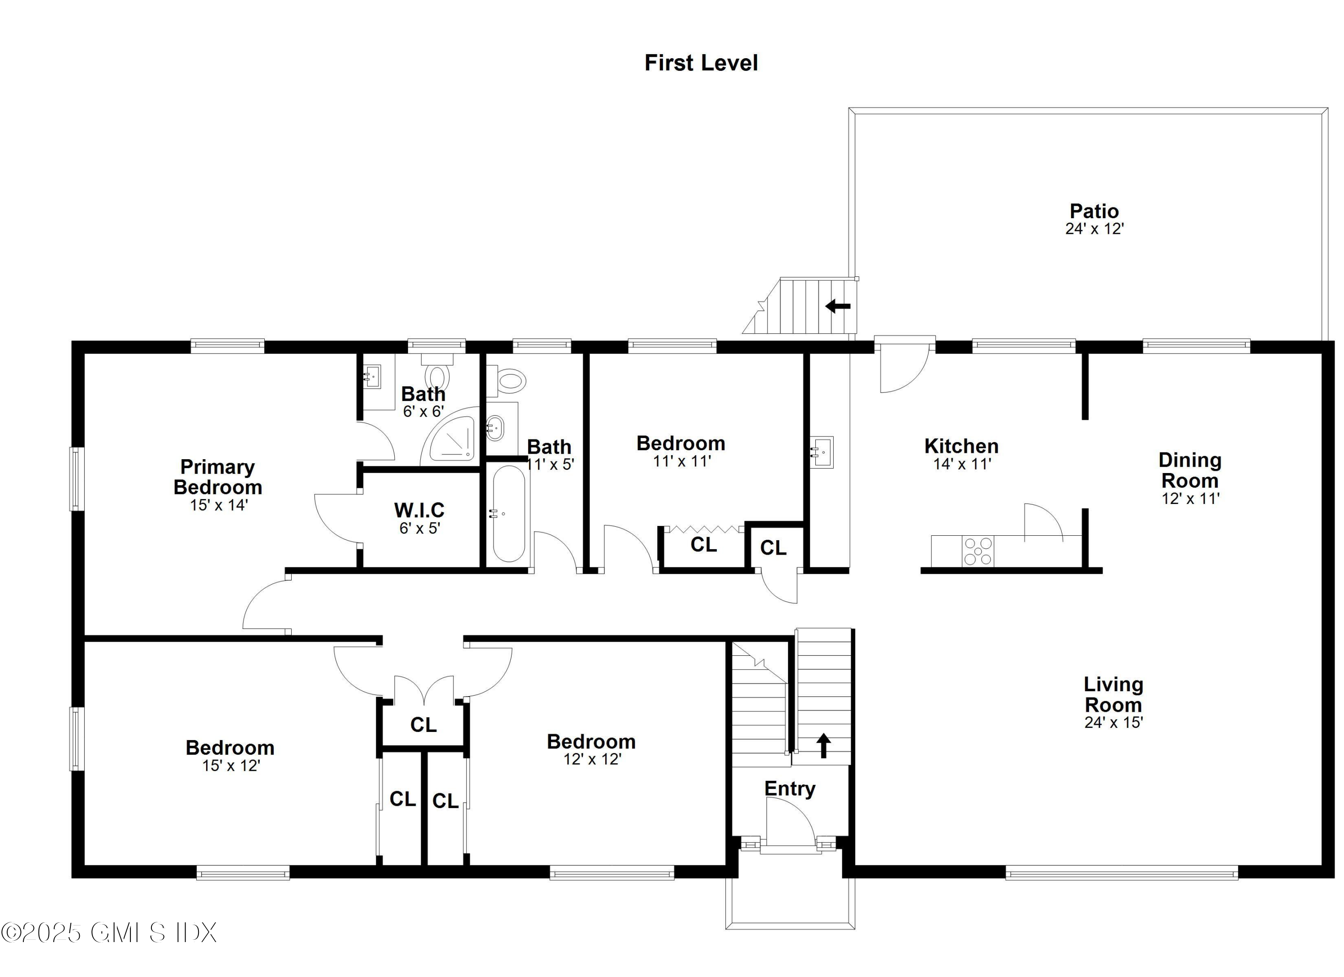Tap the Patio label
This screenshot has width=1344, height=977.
(x=1094, y=211)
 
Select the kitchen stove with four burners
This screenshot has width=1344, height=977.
(x=977, y=551)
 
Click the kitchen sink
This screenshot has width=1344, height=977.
(x=823, y=452)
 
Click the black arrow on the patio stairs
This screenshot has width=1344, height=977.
(x=838, y=306)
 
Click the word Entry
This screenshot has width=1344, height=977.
(x=789, y=788)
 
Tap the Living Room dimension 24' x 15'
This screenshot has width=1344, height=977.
(x=1113, y=722)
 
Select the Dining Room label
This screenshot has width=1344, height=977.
(x=1189, y=470)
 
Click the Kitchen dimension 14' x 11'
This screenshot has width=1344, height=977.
(x=962, y=464)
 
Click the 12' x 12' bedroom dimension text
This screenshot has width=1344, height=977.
(x=592, y=759)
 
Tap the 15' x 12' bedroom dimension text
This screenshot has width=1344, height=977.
(x=231, y=766)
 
